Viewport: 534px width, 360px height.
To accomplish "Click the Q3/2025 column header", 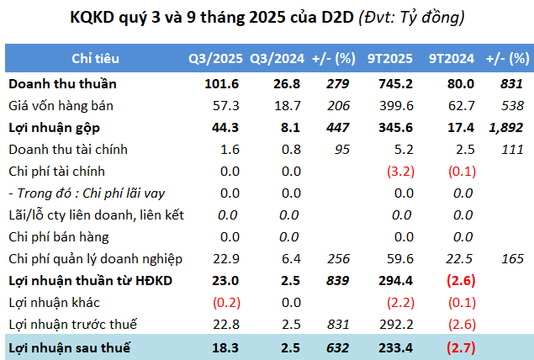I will coord(215,59).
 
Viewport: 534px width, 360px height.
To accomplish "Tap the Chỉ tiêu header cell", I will coord(95,59).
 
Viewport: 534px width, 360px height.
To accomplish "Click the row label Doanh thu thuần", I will coord(62,84).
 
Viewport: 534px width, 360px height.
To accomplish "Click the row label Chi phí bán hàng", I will coord(58,237).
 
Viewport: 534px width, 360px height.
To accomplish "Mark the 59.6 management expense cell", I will coord(399,259).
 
